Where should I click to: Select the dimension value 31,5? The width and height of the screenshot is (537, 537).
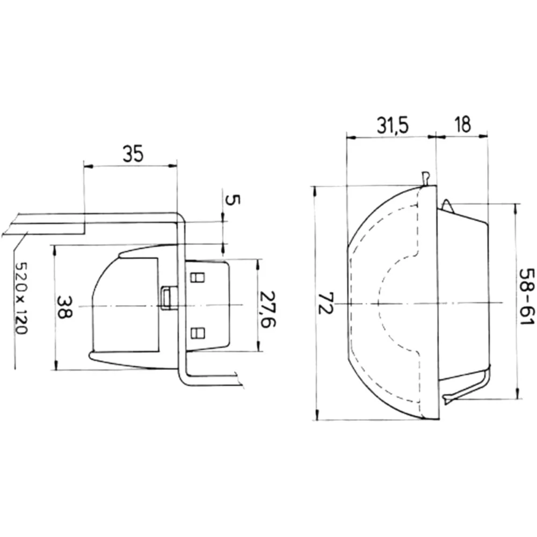click(393, 125)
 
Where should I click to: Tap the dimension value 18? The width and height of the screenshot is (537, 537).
click(463, 124)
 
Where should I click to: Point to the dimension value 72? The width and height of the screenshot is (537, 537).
click(326, 303)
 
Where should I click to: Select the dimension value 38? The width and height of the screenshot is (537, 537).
click(64, 307)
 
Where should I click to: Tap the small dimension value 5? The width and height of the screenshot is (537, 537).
click(233, 199)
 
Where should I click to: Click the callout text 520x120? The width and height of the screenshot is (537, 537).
click(21, 298)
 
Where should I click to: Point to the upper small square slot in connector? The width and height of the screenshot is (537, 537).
click(197, 277)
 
